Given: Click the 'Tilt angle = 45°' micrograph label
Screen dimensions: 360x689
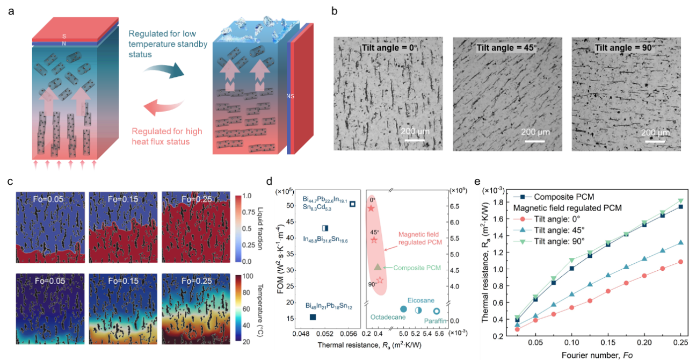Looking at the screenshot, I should pyautogui.click(x=507, y=48).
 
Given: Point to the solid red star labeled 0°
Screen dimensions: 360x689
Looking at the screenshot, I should pyautogui.click(x=371, y=208).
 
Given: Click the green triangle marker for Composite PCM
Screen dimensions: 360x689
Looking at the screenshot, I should pyautogui.click(x=378, y=267).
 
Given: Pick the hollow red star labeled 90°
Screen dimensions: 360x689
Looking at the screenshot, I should pyautogui.click(x=380, y=280).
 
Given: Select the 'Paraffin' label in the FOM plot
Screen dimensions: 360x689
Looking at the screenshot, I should pyautogui.click(x=437, y=321).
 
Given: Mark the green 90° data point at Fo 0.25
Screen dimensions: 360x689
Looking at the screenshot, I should pyautogui.click(x=681, y=201).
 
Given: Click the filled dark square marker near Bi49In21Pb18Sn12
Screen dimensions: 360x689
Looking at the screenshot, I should pyautogui.click(x=313, y=317).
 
